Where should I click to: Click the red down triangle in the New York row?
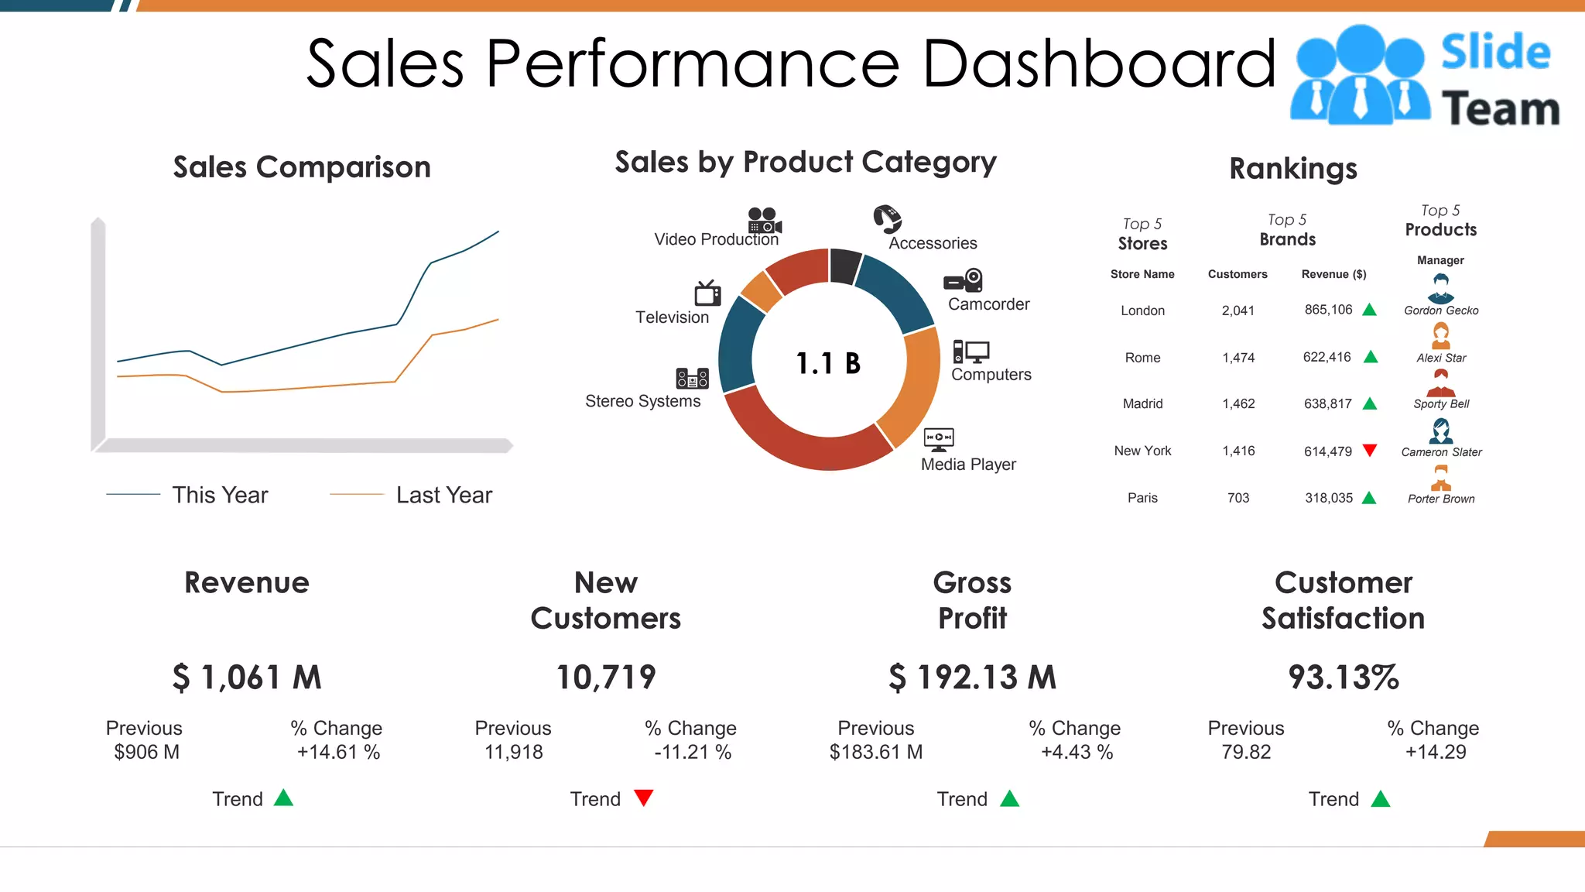coord(1370,450)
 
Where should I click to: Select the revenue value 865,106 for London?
coord(1328,310)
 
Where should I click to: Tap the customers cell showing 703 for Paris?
coord(1238,498)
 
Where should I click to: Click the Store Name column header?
coord(1142,274)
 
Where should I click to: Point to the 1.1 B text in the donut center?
coord(828,363)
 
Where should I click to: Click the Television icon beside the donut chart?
coord(707,293)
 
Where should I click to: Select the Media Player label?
coord(968,465)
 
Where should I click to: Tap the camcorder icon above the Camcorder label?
coord(964,280)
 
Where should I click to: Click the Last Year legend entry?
coord(443,495)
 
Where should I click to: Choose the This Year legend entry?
coord(220,495)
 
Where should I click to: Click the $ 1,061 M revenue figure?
coord(247,678)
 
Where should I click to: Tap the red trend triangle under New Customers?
coord(644,798)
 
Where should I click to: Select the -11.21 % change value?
coord(693,752)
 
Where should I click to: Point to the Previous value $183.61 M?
coord(876,752)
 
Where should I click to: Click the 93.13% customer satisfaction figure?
coord(1344,678)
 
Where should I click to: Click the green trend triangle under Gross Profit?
coord(1010,798)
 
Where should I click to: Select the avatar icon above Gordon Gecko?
coord(1440,288)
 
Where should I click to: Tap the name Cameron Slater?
coord(1441,452)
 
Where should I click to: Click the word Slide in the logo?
coord(1495,53)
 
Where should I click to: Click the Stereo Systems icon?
coord(692,378)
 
